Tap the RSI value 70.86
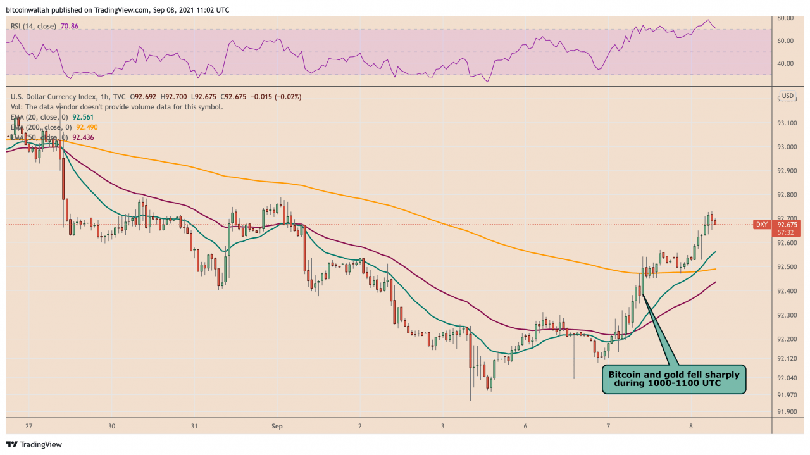pos(66,26)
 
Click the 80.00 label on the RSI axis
pos(786,18)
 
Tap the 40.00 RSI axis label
pos(786,63)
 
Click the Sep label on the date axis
pos(277,427)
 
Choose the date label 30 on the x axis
pos(111,427)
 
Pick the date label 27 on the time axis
pos(29,427)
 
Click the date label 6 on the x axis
pos(525,427)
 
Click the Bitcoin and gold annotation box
pos(673,379)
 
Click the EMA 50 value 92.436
pos(85,137)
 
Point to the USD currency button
pos(787,96)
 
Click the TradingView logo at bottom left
pos(35,444)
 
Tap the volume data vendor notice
pos(116,107)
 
